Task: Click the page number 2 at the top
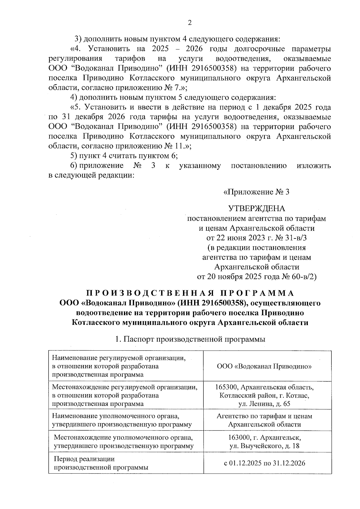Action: pyautogui.click(x=189, y=23)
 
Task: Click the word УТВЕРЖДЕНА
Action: pyautogui.click(x=256, y=208)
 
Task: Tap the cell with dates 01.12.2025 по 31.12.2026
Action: pyautogui.click(x=264, y=463)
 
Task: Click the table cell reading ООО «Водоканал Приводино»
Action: pyautogui.click(x=264, y=366)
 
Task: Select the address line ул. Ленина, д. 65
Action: pyautogui.click(x=264, y=404)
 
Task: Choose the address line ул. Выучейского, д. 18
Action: pyautogui.click(x=264, y=446)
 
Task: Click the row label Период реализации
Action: pyautogui.click(x=84, y=459)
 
